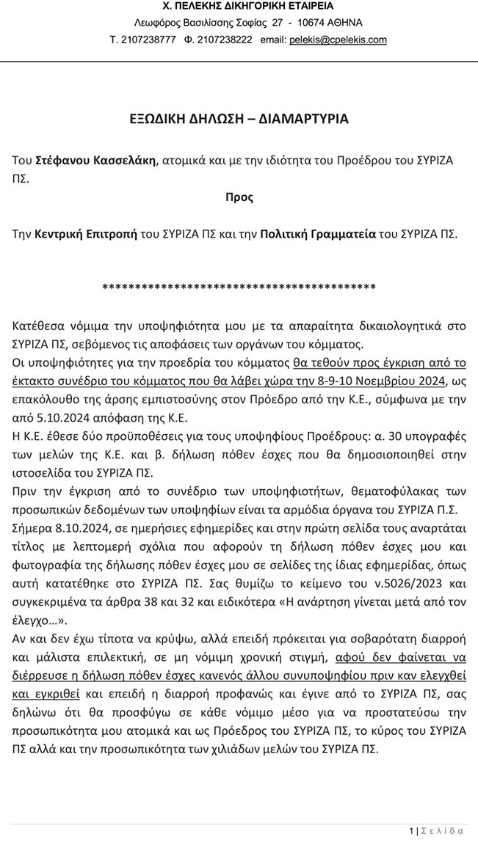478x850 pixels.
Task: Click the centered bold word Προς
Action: pos(239,197)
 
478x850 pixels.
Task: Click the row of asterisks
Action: pos(239,286)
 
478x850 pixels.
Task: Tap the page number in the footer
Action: pos(411,831)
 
